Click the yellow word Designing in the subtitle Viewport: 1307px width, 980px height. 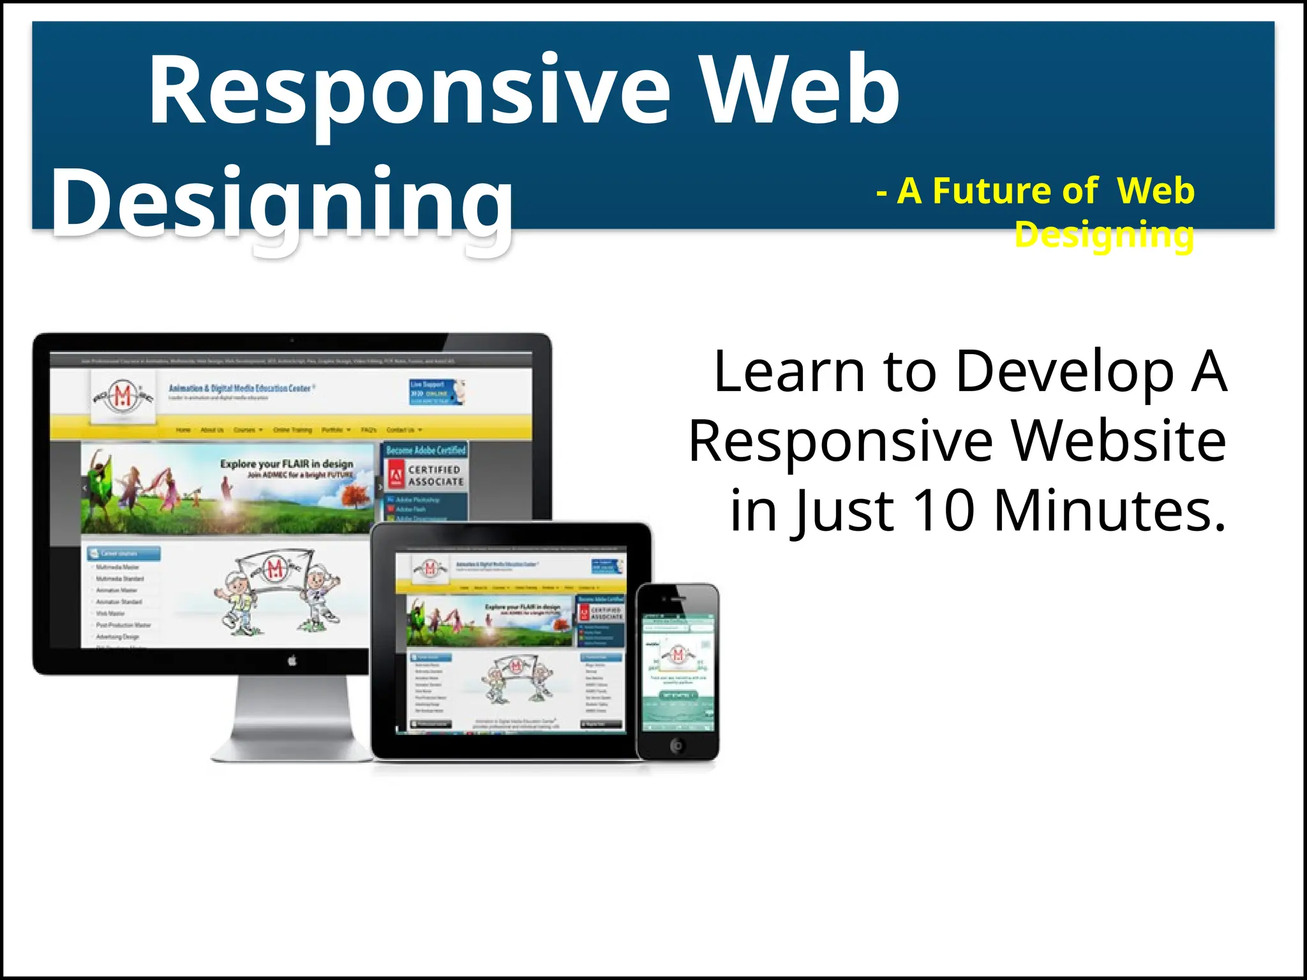click(x=1104, y=235)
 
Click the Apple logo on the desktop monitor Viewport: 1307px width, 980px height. click(x=292, y=661)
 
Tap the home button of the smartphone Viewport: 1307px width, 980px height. click(x=677, y=745)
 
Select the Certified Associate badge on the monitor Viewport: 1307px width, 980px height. click(x=426, y=476)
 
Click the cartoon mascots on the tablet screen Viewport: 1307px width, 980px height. click(x=516, y=678)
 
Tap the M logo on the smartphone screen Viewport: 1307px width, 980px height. click(x=678, y=655)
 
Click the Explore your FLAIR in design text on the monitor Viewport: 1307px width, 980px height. click(x=287, y=464)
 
